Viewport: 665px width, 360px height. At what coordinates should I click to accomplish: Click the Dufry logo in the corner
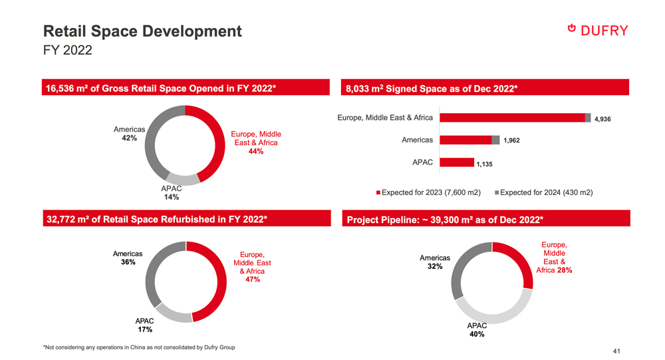(x=598, y=29)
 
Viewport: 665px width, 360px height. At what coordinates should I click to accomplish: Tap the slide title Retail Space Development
(x=142, y=31)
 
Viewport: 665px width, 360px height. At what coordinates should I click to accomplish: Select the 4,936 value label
(x=602, y=119)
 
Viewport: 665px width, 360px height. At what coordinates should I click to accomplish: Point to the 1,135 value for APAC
(x=483, y=164)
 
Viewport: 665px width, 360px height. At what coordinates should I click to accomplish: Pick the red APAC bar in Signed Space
(x=457, y=162)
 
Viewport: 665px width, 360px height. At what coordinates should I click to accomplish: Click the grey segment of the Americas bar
(x=495, y=140)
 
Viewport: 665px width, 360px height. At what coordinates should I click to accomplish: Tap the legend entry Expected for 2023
(x=428, y=192)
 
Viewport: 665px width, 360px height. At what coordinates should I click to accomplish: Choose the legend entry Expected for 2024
(x=543, y=192)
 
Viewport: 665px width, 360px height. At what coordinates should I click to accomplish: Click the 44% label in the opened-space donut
(x=255, y=152)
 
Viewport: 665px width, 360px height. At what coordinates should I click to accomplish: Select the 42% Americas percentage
(x=130, y=138)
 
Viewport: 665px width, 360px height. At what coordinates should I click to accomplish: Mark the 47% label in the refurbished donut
(x=252, y=280)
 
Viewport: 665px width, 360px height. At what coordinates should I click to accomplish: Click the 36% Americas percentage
(x=128, y=262)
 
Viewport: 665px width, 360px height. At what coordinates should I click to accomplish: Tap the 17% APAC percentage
(x=145, y=329)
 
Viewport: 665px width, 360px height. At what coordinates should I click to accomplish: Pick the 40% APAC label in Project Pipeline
(x=477, y=335)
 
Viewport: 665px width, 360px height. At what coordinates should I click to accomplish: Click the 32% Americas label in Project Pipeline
(x=436, y=267)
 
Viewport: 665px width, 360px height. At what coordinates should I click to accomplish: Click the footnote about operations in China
(x=138, y=347)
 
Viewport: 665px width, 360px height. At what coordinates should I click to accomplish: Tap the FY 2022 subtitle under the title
(x=67, y=51)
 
